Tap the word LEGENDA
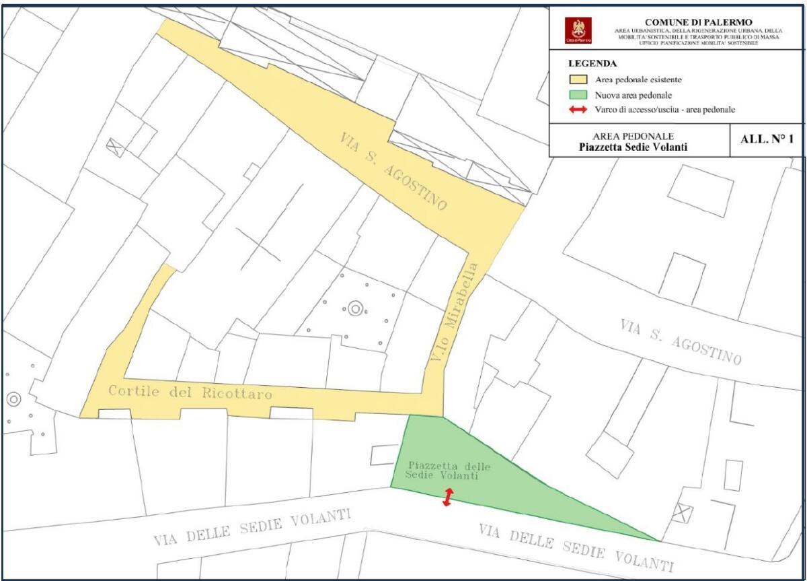pyautogui.click(x=592, y=64)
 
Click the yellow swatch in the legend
pyautogui.click(x=578, y=80)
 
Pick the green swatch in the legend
pyautogui.click(x=578, y=95)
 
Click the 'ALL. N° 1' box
pyautogui.click(x=767, y=140)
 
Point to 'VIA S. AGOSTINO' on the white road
pyautogui.click(x=680, y=341)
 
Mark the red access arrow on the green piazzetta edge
pyautogui.click(x=447, y=498)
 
